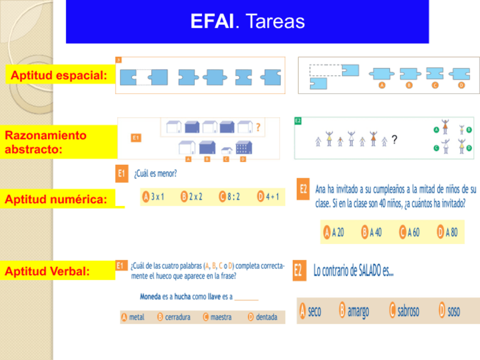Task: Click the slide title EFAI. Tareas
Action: point(247,22)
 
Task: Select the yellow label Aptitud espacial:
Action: point(59,75)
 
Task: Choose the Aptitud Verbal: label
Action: point(48,271)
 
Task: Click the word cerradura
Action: point(177,318)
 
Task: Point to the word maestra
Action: point(221,318)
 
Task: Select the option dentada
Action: point(266,318)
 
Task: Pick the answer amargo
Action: point(358,311)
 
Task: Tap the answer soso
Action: point(453,311)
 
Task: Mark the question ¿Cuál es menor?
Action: point(155,174)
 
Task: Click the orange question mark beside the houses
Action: point(258,127)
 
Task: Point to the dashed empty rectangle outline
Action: point(325,71)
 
